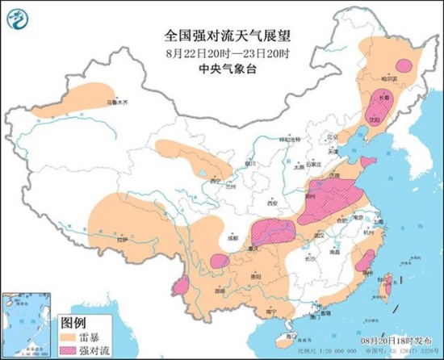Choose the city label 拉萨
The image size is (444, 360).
(x=122, y=240)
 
